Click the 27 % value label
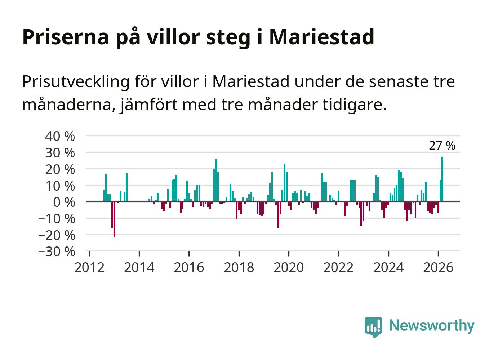coord(442,146)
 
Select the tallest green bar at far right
coord(442,179)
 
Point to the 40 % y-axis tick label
coord(60,136)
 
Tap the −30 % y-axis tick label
coord(57,251)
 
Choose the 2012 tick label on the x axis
coord(89,267)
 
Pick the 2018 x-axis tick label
coord(239,267)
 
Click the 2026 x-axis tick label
coord(438,267)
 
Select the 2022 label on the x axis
coord(338,267)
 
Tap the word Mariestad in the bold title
coord(321,36)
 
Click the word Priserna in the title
coord(65,36)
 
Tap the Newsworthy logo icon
coord(373,327)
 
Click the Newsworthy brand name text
coord(432,325)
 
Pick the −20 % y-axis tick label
coord(57,235)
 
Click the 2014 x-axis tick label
coord(139,267)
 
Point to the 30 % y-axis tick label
coord(60,153)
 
